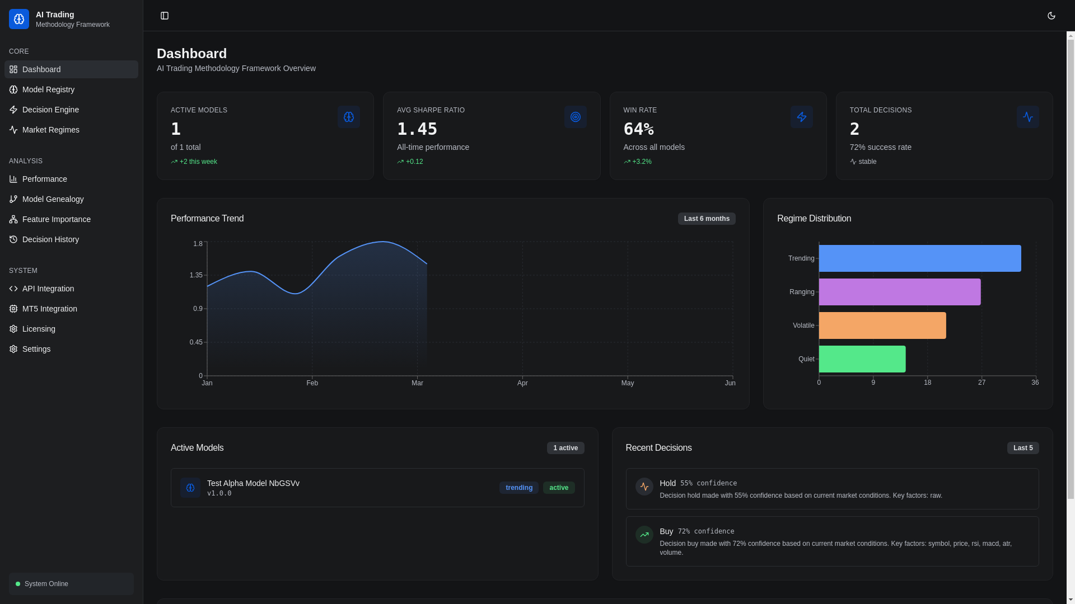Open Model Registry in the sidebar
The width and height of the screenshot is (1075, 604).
48,89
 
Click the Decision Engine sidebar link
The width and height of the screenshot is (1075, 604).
50,110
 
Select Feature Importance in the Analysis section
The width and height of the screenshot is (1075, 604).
56,219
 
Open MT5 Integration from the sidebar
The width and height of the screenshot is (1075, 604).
49,309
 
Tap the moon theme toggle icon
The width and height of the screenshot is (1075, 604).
1051,16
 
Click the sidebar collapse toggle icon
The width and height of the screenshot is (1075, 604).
165,16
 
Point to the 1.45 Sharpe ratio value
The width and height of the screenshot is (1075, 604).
417,129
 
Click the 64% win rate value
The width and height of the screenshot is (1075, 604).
638,129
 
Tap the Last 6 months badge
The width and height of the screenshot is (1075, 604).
706,219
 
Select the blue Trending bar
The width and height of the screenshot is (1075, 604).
919,258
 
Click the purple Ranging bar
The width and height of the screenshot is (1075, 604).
899,292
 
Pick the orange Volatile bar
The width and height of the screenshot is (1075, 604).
882,325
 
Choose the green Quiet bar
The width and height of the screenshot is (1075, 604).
862,359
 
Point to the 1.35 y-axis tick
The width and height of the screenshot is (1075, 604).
196,275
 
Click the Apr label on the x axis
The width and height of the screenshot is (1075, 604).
522,383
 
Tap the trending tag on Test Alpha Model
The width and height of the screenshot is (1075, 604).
518,488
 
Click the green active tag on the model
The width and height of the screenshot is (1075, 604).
558,488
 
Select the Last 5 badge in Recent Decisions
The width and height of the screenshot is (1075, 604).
1022,448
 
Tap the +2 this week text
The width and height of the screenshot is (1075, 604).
198,162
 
